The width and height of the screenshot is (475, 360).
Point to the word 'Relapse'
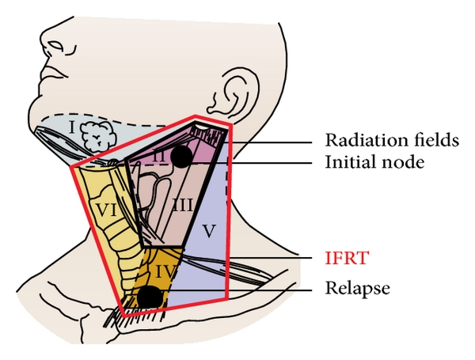tap(358, 289)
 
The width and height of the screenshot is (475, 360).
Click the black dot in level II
tap(181, 157)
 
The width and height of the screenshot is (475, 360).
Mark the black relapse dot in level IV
tap(149, 297)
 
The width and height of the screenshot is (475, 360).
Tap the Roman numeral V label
tap(209, 233)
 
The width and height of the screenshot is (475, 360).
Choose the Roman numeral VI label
tap(105, 210)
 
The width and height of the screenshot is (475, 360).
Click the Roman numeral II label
tap(160, 158)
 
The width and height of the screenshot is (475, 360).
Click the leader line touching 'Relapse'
tap(237, 290)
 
